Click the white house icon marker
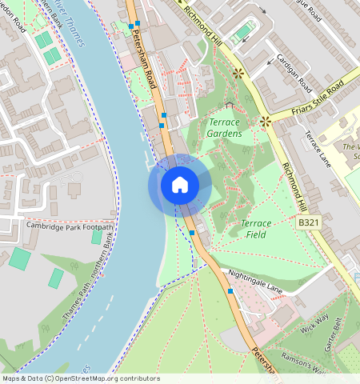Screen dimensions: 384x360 (180, 185)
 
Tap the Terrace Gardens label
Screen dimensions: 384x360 (225, 128)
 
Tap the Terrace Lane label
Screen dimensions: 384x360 (317, 149)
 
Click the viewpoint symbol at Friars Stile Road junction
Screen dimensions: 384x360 (265, 122)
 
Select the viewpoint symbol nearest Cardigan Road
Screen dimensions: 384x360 (238, 73)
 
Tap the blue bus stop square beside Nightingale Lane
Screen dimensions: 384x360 (230, 292)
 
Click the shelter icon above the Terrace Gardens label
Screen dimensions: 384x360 (230, 105)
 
